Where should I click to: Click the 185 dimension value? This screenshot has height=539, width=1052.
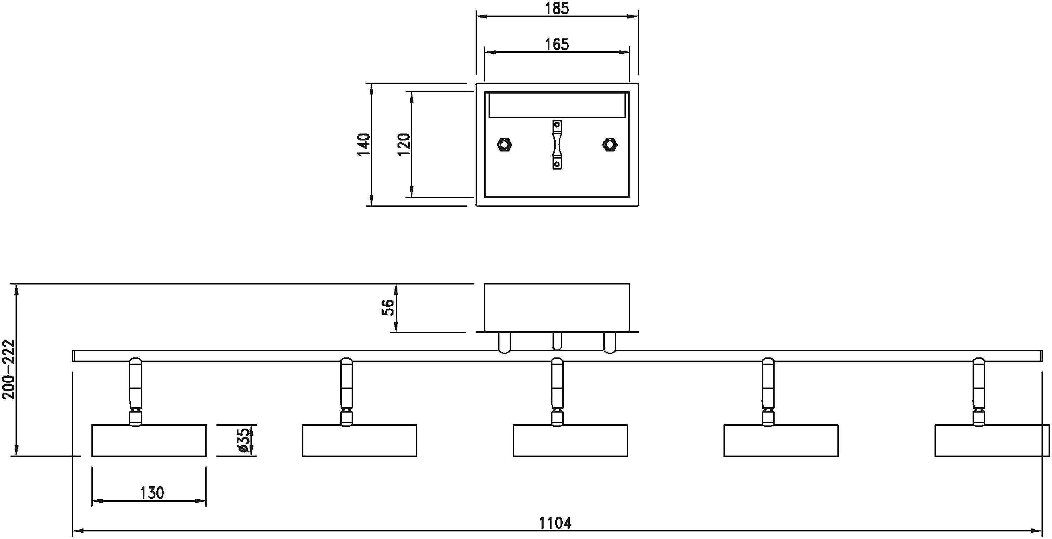pyautogui.click(x=557, y=8)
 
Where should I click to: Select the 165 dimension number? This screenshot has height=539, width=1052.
pyautogui.click(x=557, y=44)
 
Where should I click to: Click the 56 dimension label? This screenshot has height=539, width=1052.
pyautogui.click(x=388, y=307)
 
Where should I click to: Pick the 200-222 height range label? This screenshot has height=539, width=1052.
pyautogui.click(x=8, y=370)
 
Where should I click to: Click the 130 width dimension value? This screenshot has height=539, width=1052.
pyautogui.click(x=152, y=493)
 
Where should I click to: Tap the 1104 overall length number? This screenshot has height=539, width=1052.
pyautogui.click(x=555, y=523)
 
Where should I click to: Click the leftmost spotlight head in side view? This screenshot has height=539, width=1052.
pyautogui.click(x=149, y=440)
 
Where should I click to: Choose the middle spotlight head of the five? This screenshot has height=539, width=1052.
pyautogui.click(x=570, y=440)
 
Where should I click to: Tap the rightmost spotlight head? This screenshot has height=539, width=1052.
pyautogui.click(x=992, y=440)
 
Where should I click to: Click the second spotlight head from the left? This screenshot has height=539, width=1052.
pyautogui.click(x=359, y=440)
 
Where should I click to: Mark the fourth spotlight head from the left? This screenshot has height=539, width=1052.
pyautogui.click(x=781, y=440)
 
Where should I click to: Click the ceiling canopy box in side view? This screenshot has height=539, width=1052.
pyautogui.click(x=557, y=307)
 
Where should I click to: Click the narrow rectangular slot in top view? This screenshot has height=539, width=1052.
pyautogui.click(x=557, y=105)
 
